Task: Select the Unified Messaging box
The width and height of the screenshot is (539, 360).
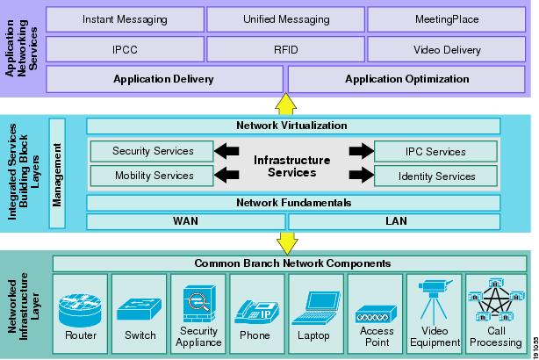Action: pos(285,18)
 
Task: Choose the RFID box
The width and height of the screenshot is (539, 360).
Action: pos(285,49)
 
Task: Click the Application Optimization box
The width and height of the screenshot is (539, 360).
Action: pos(406,79)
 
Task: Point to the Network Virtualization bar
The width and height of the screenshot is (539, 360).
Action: pos(292,126)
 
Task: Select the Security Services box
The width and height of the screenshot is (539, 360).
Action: pos(153,151)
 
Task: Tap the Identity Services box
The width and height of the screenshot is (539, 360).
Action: pos(437,176)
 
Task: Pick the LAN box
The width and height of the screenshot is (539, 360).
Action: pos(396,221)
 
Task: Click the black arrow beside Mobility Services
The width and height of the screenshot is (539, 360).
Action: pos(227,176)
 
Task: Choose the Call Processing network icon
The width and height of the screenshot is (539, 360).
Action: pos(495,303)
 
